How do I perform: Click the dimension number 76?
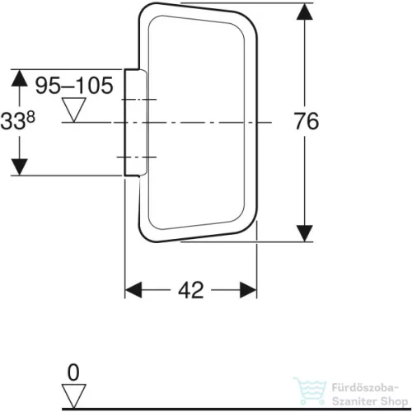[x=307, y=121]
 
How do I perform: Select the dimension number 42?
[x=191, y=290]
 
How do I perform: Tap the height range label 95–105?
[x=74, y=86]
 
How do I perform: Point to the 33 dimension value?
[x=13, y=121]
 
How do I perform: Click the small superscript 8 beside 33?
[x=31, y=117]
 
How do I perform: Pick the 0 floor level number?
[x=73, y=372]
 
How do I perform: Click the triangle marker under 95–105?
[x=73, y=110]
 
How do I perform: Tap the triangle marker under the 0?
[x=73, y=396]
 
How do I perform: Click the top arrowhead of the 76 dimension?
[x=305, y=12]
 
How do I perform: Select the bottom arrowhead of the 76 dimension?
[x=305, y=233]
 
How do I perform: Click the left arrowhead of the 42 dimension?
[x=133, y=290]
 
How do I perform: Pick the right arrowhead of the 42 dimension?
[x=248, y=290]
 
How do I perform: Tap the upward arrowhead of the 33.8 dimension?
[x=19, y=78]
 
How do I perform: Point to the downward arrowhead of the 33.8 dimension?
[x=19, y=166]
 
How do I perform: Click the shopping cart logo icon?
[x=310, y=391]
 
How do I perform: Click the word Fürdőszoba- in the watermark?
[x=365, y=388]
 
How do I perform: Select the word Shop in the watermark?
[x=394, y=401]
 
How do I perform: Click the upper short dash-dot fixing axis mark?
[x=137, y=100]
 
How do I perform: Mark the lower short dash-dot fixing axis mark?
[x=137, y=157]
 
